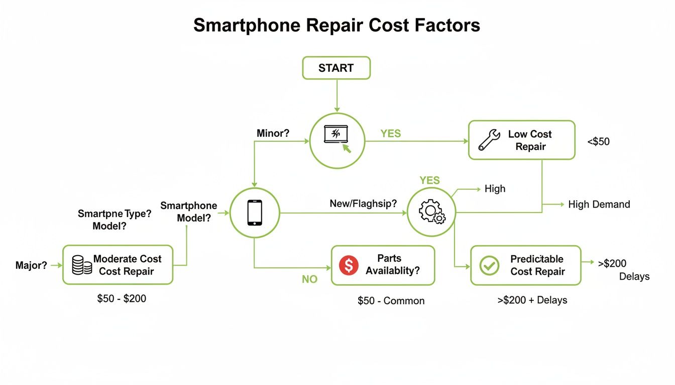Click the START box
point(336,68)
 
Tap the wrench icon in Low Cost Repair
point(489,140)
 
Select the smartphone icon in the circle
point(255,213)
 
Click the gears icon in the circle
point(431,213)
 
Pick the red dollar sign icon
point(349,265)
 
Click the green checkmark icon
point(489,265)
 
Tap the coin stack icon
point(81,265)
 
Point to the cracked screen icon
point(336,135)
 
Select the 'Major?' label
point(31,265)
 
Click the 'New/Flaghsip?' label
point(363,204)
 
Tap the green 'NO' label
point(309,280)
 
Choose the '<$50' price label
point(598,142)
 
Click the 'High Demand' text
point(599,204)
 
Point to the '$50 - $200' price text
point(122,299)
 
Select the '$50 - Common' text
point(391,301)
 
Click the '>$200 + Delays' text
point(532,300)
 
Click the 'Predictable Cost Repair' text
point(537,265)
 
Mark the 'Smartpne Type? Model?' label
point(114,220)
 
